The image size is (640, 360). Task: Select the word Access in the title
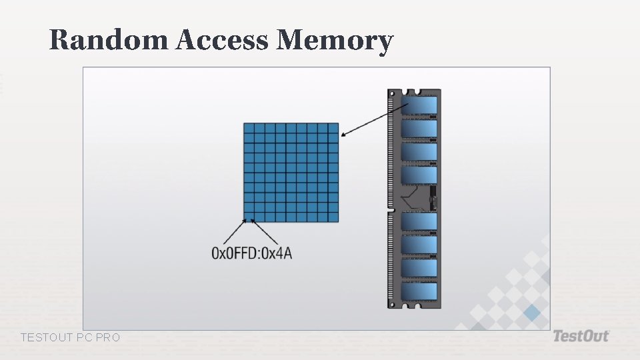coord(222,41)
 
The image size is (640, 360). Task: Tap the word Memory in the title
coord(335,41)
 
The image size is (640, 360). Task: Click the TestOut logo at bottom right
coord(581,336)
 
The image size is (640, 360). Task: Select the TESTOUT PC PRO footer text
coord(71,338)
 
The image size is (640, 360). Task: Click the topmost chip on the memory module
coord(419,105)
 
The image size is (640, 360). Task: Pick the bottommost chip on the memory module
coord(419,291)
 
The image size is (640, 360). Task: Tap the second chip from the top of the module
coord(419,128)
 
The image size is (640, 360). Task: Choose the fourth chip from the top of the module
coord(419,175)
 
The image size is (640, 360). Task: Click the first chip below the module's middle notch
coord(419,221)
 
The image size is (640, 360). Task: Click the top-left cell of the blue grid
coord(249,128)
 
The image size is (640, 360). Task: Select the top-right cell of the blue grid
coord(333,128)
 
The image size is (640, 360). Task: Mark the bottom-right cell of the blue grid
coord(333,217)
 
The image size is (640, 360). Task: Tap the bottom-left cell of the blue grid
coord(249,217)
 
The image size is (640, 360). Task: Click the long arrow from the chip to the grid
coord(374,120)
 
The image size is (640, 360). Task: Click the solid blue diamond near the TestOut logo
coord(531,313)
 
